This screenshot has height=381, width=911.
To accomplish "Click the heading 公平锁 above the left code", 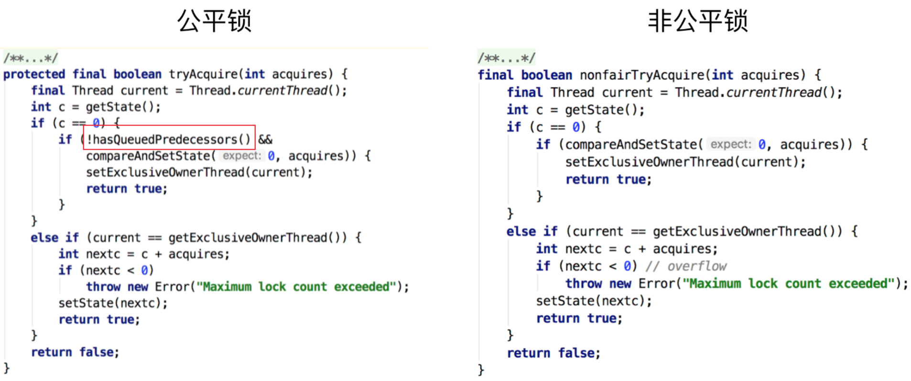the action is click(x=214, y=21).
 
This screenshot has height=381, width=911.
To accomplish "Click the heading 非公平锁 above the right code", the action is click(x=697, y=21).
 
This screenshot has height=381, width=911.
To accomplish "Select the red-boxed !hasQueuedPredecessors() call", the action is click(x=169, y=139).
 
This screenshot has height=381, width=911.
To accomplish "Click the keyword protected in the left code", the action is click(x=34, y=74).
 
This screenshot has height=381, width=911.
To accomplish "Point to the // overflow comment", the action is click(x=686, y=266).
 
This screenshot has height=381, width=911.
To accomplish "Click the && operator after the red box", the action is click(x=265, y=139).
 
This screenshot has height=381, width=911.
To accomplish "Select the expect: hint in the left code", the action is click(x=242, y=156).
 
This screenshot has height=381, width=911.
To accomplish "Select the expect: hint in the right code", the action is click(x=731, y=144).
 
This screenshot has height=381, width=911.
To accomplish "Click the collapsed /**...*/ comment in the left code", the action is click(x=31, y=58).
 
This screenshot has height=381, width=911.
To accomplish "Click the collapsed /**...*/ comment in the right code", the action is click(x=506, y=58).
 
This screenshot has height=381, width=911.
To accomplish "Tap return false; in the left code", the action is click(x=75, y=352).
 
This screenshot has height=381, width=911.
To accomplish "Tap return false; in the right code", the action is click(x=553, y=353).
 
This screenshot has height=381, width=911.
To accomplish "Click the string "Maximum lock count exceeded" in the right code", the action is click(x=788, y=283).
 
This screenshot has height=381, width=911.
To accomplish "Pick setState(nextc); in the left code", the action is click(x=113, y=303).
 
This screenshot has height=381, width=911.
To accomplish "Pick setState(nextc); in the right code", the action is click(x=594, y=301).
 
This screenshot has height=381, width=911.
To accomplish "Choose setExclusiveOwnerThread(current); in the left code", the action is click(x=199, y=172).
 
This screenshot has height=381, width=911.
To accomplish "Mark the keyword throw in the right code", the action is click(x=583, y=283).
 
